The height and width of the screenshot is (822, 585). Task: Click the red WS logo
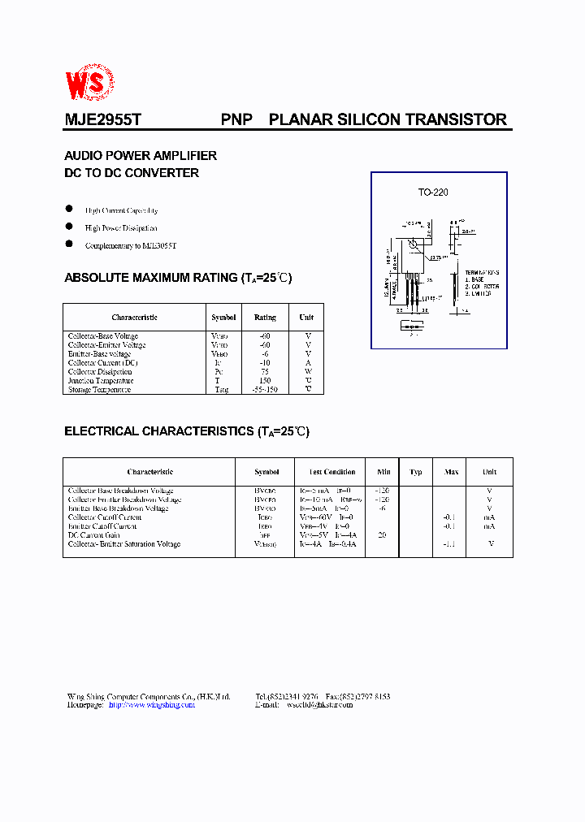tap(90, 81)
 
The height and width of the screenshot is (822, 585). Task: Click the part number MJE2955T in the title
tap(103, 119)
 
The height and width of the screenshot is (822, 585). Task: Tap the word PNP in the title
tap(236, 119)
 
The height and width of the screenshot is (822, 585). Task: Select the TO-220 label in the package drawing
tap(433, 193)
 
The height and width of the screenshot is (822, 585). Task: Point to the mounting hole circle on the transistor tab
tap(413, 244)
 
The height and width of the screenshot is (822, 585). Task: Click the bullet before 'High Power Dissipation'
tap(69, 227)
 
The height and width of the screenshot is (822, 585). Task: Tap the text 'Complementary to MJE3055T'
tap(131, 245)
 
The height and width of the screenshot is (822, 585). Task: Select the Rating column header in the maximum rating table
tap(265, 318)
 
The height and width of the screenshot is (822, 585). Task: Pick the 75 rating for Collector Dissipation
tap(265, 372)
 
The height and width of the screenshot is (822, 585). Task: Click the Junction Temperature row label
tap(101, 381)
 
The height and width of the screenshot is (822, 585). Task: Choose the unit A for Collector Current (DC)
tap(308, 363)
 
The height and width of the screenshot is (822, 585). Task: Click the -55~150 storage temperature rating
tap(265, 390)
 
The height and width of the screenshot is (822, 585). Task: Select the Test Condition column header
tap(332, 472)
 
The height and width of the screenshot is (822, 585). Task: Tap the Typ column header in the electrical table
tap(416, 472)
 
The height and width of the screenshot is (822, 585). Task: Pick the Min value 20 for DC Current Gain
tap(382, 535)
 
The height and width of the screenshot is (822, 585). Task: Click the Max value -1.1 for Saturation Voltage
tap(450, 544)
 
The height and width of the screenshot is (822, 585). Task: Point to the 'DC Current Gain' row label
tap(94, 535)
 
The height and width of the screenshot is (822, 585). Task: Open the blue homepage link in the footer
tap(151, 705)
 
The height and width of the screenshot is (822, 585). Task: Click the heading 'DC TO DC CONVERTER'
tap(132, 173)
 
